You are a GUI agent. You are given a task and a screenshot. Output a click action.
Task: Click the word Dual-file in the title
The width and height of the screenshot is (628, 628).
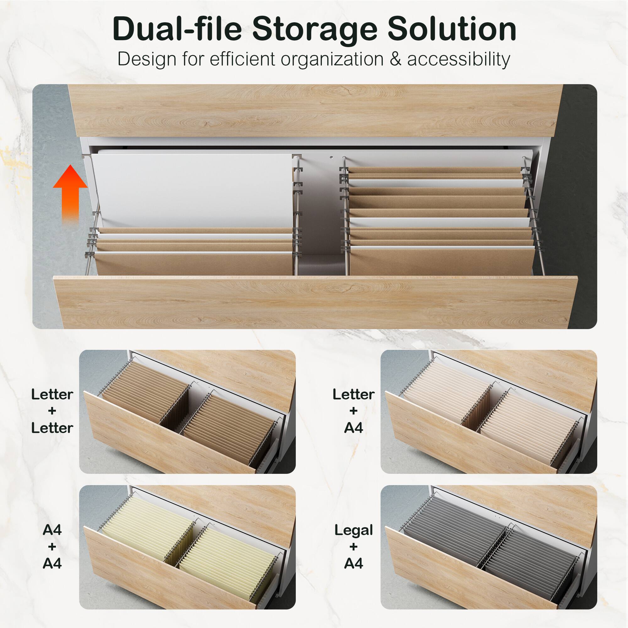tap(177, 29)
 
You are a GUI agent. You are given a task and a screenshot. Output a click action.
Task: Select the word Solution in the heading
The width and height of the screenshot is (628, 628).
tap(452, 29)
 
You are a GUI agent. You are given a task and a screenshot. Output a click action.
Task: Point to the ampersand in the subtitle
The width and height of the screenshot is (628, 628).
tap(395, 59)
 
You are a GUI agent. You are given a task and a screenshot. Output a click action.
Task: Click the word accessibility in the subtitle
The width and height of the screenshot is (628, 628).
tap(458, 59)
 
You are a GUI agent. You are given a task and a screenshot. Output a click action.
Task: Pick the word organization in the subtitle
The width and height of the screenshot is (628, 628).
tap(332, 60)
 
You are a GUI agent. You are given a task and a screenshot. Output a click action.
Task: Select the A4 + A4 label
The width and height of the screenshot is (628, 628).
tap(52, 547)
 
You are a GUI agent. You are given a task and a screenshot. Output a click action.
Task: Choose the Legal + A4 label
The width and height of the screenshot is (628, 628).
tap(353, 547)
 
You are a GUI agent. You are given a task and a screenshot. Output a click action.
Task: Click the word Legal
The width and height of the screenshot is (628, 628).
tap(353, 530)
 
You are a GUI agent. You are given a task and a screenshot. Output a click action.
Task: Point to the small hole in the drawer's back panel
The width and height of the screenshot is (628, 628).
tap(331, 158)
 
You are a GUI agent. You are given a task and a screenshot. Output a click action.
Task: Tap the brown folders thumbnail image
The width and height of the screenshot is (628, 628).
tap(187, 412)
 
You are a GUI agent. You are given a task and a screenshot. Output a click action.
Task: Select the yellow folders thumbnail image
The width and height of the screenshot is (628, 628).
tap(187, 547)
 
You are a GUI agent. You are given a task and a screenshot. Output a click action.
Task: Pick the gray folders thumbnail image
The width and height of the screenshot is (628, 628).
tap(489, 547)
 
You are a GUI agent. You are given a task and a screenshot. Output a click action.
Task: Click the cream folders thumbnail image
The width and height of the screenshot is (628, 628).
tap(489, 412)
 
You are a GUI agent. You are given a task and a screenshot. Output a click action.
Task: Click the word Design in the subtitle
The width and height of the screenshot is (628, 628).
tap(147, 60)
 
